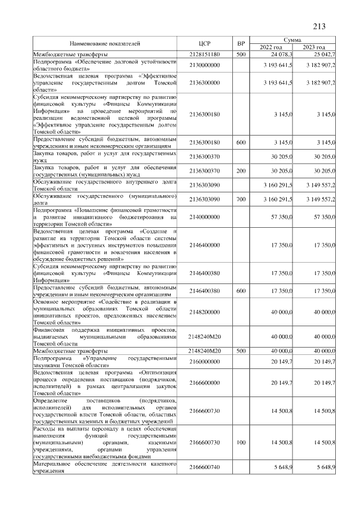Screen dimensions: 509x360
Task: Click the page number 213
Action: [319, 26]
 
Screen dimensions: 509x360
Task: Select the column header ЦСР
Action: [204, 43]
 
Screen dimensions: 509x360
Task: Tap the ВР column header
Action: [241, 43]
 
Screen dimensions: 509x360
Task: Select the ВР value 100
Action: [241, 444]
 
